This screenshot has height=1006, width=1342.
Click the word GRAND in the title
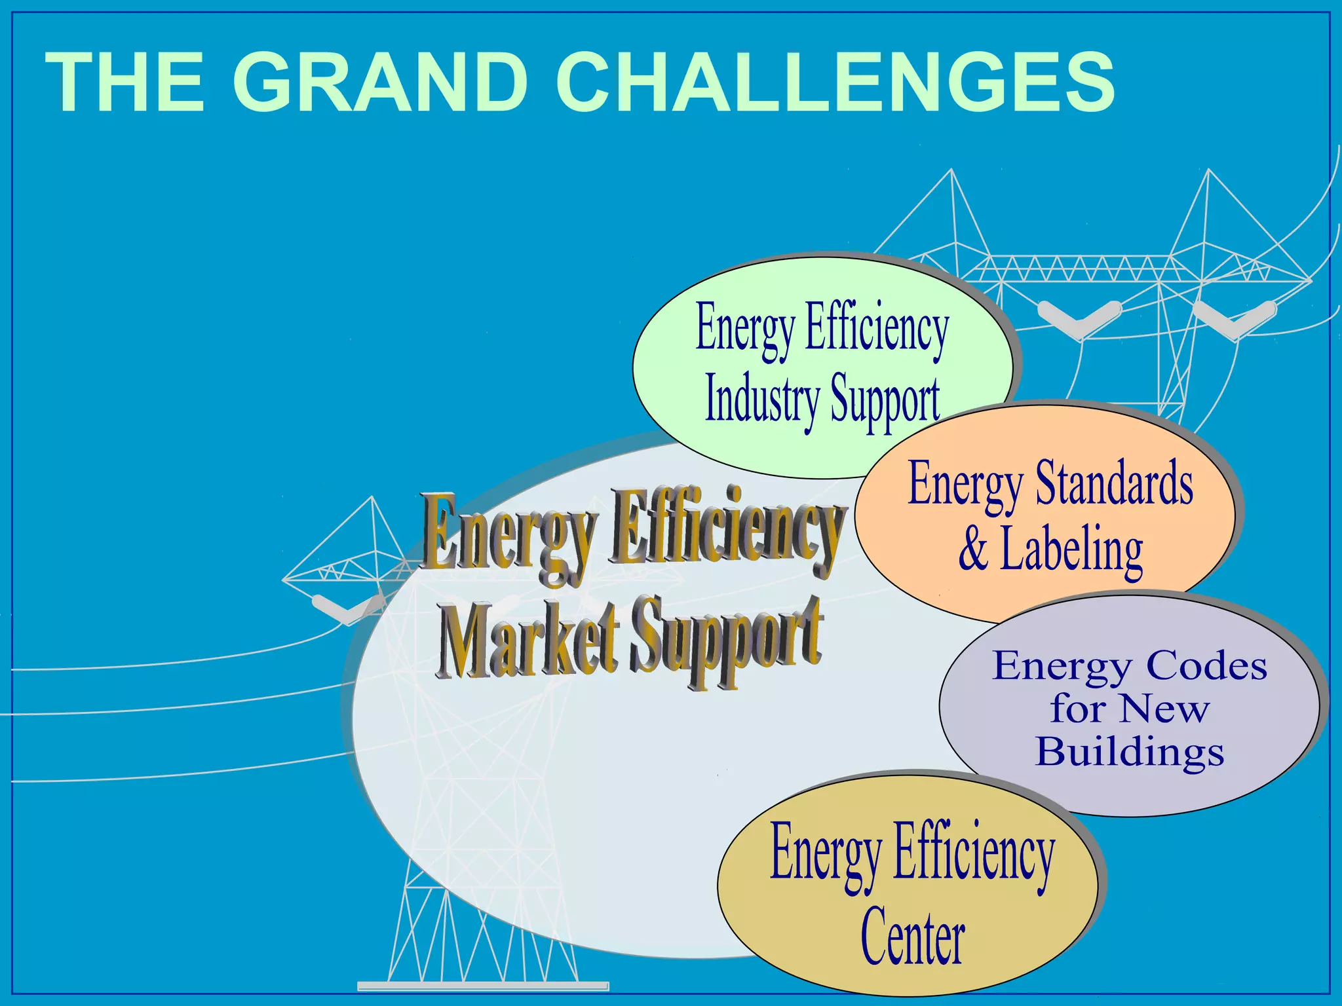coord(380,83)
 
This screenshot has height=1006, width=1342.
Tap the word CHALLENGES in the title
coord(835,83)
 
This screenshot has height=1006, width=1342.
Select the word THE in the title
coord(125,83)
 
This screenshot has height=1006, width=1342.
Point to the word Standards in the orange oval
coord(1114,485)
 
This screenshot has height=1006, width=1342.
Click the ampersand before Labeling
coord(973,549)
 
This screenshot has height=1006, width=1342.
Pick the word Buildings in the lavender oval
coord(1130,751)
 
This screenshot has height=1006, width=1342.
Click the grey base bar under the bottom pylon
coord(483,986)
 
